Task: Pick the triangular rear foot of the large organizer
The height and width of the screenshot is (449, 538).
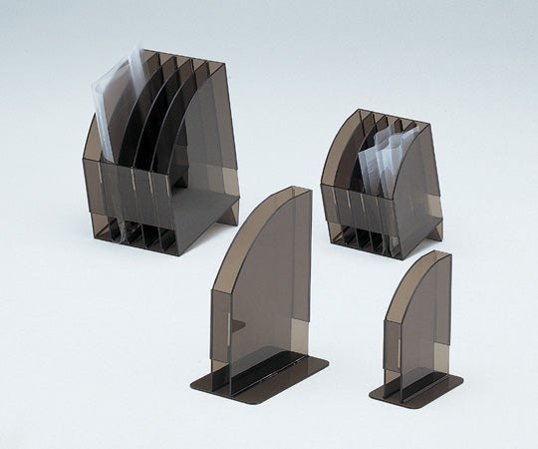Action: pos(228,211)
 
